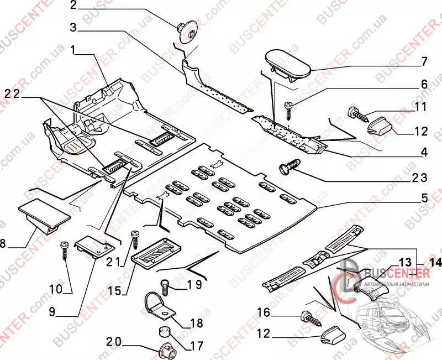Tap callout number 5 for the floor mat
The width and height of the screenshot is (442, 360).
tap(424, 197)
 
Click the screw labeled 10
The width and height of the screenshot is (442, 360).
tap(65, 252)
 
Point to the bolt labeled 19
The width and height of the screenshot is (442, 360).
tap(165, 285)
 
